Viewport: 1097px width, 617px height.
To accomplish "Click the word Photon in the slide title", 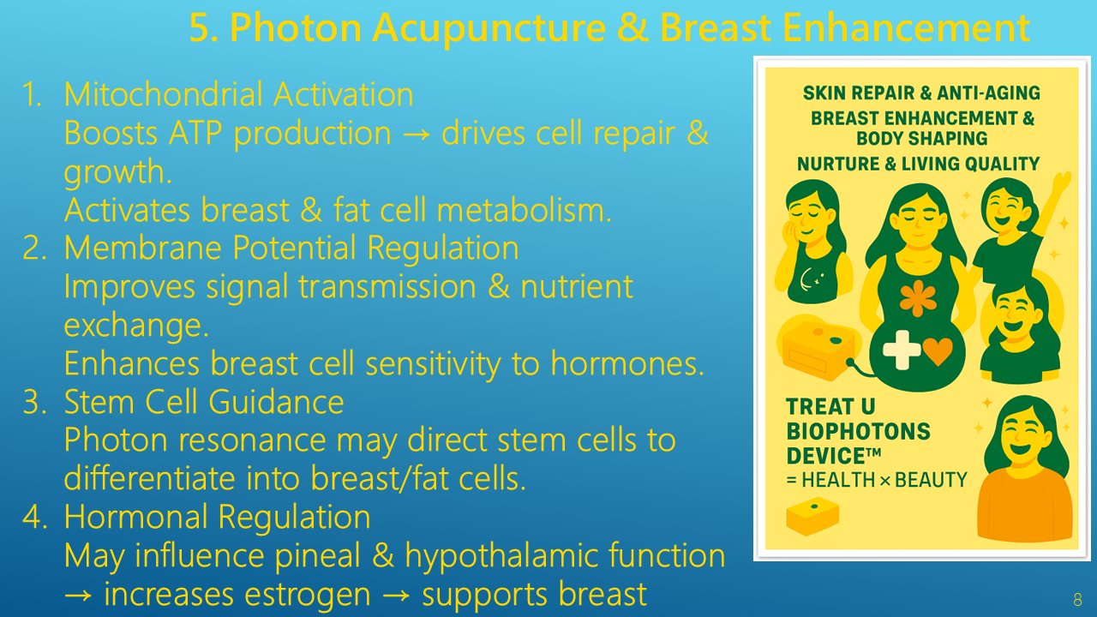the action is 296,27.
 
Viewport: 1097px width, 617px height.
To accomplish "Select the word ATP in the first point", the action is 195,133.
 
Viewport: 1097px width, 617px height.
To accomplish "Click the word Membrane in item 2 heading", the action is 142,248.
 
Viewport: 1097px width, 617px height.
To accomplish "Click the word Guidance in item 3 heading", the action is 276,402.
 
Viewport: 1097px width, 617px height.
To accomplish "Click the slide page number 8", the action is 1077,600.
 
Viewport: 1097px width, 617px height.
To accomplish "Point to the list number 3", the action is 33,402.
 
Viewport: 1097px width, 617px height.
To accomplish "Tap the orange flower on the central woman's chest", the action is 918,298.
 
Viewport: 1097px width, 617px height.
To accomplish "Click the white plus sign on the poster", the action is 902,350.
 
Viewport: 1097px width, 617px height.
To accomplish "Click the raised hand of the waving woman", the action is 1061,184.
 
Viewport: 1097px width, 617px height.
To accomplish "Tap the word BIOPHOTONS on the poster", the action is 858,431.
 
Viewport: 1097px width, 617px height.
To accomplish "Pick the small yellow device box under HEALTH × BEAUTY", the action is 812,516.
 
